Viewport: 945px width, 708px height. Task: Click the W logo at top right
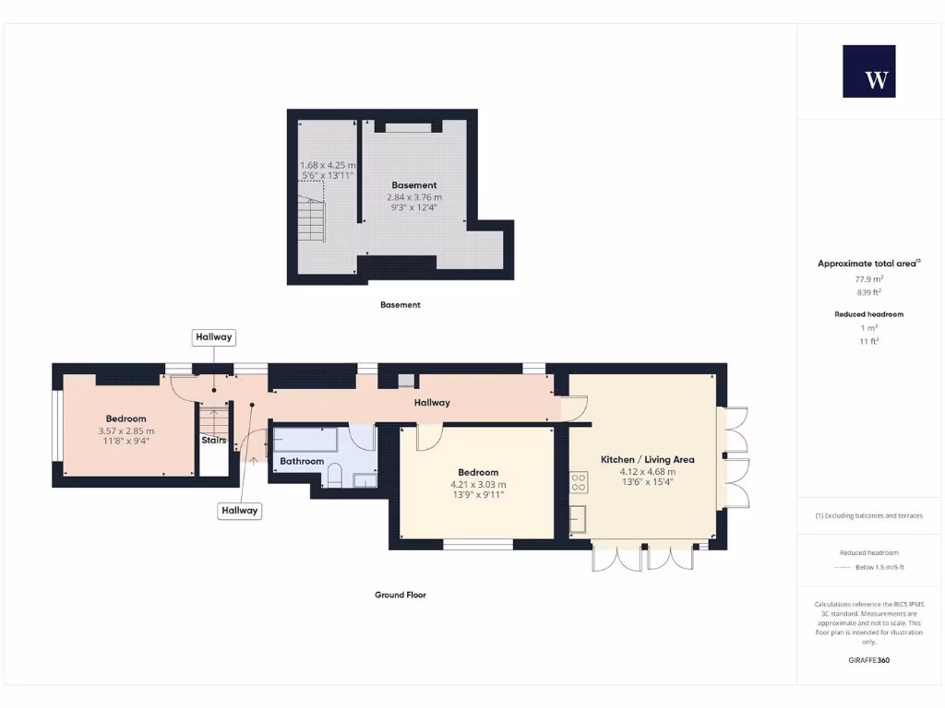[868, 71]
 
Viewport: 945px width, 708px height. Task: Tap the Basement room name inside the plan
[413, 185]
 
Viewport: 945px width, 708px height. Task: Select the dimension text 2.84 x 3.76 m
[413, 197]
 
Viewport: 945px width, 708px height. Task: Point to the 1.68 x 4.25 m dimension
[328, 165]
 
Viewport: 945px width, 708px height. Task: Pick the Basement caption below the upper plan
[401, 305]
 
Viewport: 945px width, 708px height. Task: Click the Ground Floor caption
[401, 596]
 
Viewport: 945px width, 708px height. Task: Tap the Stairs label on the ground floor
[214, 441]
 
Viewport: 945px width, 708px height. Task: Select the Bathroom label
[302, 461]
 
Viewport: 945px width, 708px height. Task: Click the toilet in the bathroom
[336, 476]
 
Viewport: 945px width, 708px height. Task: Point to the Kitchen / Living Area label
[647, 459]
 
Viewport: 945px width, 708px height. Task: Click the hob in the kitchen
[579, 480]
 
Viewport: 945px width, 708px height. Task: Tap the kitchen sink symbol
[579, 519]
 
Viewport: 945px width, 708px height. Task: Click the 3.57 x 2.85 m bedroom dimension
[126, 431]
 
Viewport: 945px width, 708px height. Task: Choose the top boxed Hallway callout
[214, 338]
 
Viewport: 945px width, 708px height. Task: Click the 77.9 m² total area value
[868, 277]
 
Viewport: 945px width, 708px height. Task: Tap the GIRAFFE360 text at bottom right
[868, 660]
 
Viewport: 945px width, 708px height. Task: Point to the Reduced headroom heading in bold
[868, 314]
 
